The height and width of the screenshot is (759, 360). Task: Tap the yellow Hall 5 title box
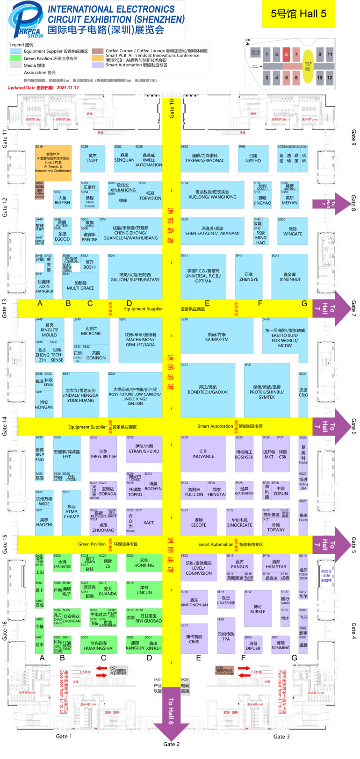tap(298, 14)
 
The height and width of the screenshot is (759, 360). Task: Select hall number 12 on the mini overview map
tap(330, 78)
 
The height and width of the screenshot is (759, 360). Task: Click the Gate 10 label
tap(172, 108)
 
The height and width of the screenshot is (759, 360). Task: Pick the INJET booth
tap(93, 158)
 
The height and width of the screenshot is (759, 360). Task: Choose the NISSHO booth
tap(253, 158)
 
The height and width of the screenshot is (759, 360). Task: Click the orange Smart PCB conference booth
tap(53, 162)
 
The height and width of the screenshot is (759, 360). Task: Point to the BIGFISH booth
tap(62, 200)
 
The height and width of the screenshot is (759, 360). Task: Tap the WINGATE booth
tap(293, 231)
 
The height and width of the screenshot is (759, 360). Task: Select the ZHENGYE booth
tap(249, 277)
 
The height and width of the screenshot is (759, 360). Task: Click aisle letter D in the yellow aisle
tap(130, 303)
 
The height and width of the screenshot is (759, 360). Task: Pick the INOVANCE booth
tap(203, 454)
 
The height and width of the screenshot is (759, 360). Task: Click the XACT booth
tap(149, 523)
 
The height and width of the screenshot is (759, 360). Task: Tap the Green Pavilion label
tap(92, 544)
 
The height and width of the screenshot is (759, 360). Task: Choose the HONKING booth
tap(144, 563)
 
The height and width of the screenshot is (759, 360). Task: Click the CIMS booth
tap(194, 639)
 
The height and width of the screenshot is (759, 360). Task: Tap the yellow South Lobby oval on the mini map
tap(308, 65)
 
